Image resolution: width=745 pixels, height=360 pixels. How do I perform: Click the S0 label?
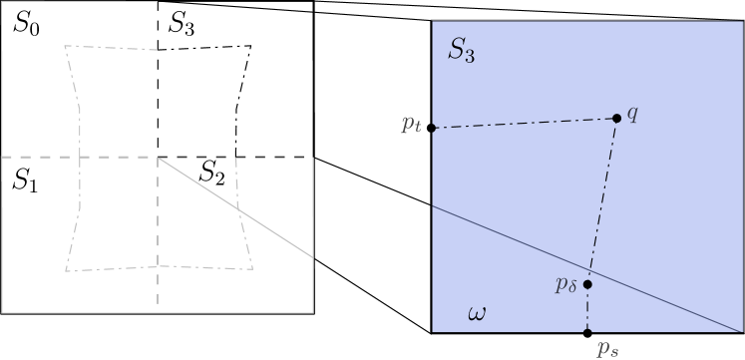coord(26,25)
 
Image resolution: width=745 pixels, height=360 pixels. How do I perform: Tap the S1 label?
coord(25,180)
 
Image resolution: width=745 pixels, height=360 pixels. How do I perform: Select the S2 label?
coord(211,174)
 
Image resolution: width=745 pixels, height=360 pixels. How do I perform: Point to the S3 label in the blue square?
coord(461,52)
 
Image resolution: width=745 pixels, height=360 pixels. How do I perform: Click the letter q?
coord(632,113)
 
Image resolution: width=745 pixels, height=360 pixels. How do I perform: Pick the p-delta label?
coord(566,285)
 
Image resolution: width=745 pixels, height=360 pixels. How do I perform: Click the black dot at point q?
coord(616,119)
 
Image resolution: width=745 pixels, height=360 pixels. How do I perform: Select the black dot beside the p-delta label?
coord(587,284)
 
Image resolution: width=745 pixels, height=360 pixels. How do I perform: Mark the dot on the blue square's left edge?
coord(433,129)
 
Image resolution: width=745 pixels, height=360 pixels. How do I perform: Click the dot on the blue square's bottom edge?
coord(587,331)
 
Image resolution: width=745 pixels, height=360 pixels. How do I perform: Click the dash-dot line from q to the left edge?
coord(524,124)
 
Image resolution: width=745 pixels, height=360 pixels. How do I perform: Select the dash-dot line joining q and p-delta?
coord(602,199)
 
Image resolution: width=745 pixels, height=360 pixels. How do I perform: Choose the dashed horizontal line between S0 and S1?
coord(80,157)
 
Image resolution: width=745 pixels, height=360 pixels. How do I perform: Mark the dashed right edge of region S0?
coord(158,80)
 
